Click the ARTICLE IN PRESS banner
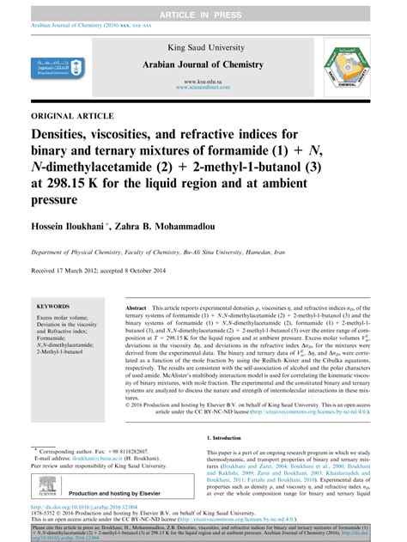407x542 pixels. tap(203, 7)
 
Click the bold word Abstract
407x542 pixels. tap(137, 306)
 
